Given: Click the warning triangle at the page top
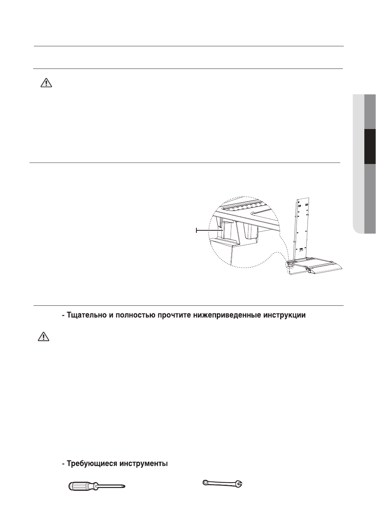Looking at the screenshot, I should (x=46, y=83).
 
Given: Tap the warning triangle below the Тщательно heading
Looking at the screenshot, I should (x=43, y=337).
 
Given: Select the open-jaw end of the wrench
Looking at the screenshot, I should (x=239, y=484).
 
